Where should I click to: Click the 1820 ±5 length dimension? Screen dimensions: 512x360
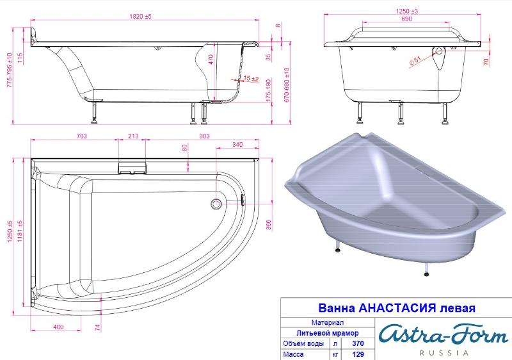(140, 16)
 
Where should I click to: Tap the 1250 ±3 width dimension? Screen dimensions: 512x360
(407, 11)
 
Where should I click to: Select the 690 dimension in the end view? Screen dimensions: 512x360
(406, 19)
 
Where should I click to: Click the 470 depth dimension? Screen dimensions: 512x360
(211, 59)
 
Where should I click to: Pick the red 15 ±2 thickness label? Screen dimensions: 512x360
(251, 79)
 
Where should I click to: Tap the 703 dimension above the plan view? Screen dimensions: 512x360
(81, 136)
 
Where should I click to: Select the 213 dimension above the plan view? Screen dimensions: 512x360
(133, 136)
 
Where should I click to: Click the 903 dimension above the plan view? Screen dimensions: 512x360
(204, 136)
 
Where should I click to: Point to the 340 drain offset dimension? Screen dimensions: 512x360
(237, 144)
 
